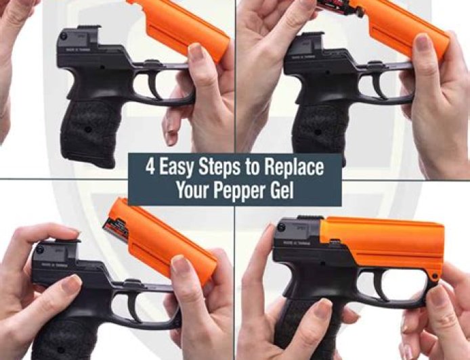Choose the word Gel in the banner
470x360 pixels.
point(280,190)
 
